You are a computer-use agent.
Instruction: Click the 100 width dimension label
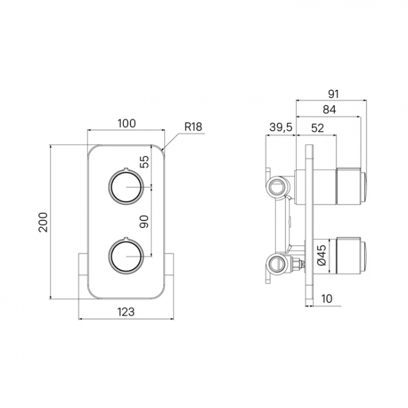click(x=126, y=123)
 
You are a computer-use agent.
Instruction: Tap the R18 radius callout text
click(x=193, y=127)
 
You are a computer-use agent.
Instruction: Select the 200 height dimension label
click(x=43, y=222)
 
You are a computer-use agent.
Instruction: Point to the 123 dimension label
click(x=126, y=312)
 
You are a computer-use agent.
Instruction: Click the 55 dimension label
click(x=144, y=161)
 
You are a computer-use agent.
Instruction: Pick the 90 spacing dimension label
click(x=144, y=222)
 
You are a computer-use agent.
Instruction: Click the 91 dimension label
click(x=333, y=94)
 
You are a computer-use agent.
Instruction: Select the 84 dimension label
click(x=330, y=110)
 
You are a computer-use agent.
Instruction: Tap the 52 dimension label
click(x=318, y=128)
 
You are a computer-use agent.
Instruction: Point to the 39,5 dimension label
click(x=281, y=127)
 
